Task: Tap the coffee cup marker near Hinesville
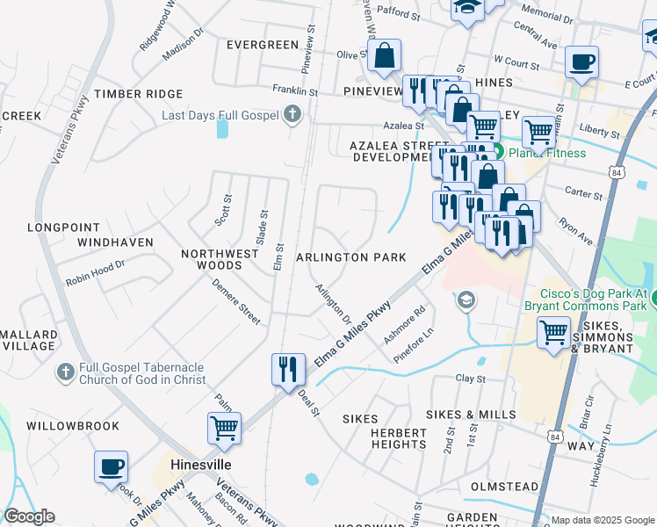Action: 111,466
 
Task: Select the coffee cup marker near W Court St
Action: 581,62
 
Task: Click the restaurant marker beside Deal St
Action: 287,369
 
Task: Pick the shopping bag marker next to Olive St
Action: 384,56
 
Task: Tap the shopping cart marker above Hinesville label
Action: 224,429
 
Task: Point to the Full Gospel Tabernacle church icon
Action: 64,373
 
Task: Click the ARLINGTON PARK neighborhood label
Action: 351,257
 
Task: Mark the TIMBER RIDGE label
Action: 139,94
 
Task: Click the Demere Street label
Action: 236,302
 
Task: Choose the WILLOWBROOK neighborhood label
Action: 73,426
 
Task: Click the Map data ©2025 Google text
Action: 601,520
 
